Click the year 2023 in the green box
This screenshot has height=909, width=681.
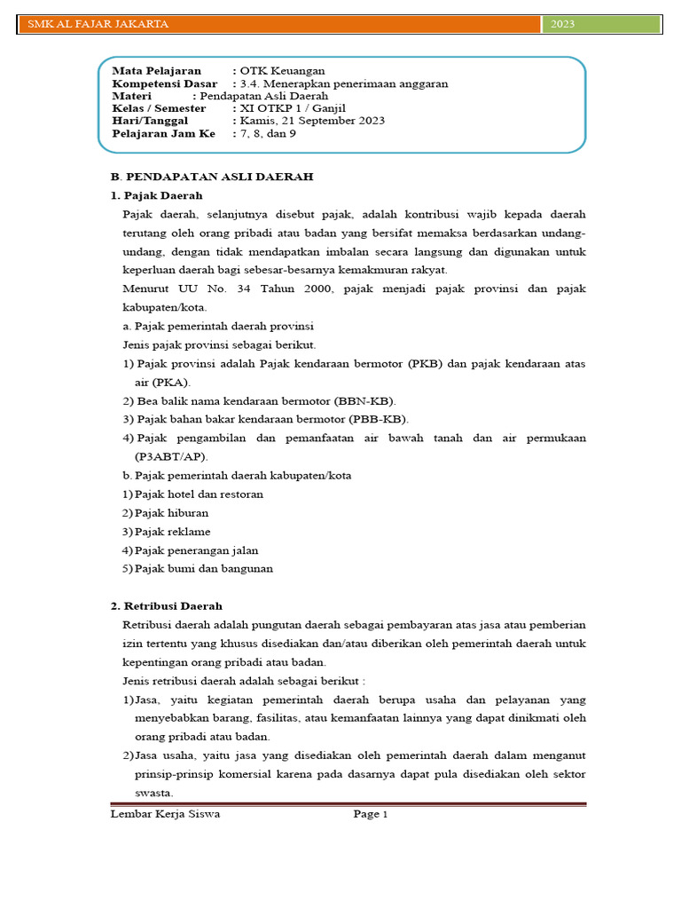562,24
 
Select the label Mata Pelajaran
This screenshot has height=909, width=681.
156,70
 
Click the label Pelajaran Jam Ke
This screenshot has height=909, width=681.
163,133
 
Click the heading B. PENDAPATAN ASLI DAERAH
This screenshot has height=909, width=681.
211,177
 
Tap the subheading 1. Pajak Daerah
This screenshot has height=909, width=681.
156,195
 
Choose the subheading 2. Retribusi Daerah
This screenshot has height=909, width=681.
166,605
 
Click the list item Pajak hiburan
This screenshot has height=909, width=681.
173,512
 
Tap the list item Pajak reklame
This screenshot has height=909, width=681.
173,531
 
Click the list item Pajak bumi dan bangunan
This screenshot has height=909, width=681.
204,568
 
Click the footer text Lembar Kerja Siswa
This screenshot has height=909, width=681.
165,813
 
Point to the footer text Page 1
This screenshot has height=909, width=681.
371,813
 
